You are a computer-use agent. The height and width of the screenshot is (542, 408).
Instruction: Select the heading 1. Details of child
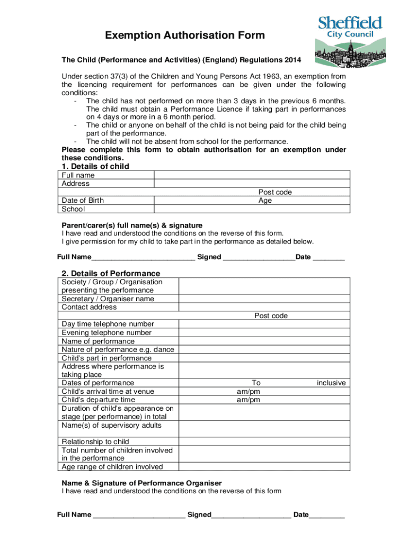95,166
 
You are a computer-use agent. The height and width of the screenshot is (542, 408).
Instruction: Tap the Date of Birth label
83,201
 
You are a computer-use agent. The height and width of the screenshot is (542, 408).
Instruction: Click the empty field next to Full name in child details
252,175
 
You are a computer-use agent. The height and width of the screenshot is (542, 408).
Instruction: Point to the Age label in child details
265,201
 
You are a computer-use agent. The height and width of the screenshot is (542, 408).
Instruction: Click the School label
73,209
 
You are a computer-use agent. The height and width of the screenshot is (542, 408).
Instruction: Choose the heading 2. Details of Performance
111,273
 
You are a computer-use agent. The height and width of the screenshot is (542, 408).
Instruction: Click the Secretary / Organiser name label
108,299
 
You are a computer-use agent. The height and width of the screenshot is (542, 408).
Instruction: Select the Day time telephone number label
108,324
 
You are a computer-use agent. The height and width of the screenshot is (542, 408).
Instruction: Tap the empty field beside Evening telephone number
264,332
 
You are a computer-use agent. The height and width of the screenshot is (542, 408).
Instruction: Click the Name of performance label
98,341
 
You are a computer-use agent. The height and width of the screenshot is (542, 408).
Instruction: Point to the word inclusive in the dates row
331,383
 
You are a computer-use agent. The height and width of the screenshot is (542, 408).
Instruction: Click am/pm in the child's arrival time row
248,391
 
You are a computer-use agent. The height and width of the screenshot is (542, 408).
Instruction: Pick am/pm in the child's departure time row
248,400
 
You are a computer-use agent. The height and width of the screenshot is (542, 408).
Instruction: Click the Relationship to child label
95,441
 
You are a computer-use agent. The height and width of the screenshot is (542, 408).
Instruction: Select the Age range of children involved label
112,466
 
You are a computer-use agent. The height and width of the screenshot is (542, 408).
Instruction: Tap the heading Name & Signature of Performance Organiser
142,483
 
